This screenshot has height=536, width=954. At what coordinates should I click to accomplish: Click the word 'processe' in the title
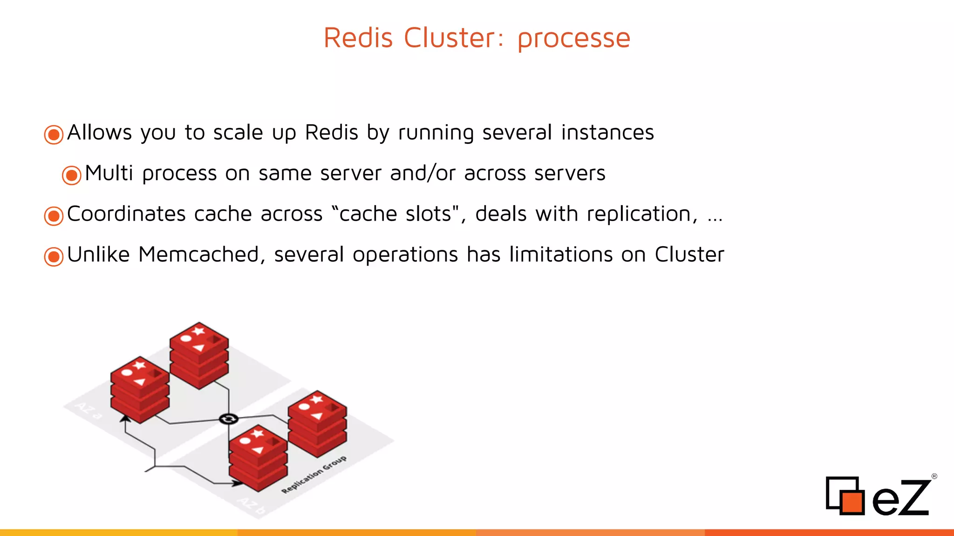[574, 38]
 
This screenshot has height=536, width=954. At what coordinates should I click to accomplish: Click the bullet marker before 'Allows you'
[54, 134]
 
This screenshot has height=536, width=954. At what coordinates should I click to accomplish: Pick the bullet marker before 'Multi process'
[72, 175]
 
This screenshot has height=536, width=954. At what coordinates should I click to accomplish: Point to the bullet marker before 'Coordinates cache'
[54, 216]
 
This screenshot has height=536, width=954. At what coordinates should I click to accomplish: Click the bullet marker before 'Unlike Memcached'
[54, 256]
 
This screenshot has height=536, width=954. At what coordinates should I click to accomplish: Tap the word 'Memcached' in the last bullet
[198, 255]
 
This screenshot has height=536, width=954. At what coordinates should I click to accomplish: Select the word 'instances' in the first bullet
[607, 133]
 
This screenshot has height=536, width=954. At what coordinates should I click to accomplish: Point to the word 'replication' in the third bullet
[641, 214]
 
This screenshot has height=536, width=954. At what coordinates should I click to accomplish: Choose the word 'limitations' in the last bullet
[560, 255]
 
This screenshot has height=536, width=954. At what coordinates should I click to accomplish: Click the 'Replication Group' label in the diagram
[314, 474]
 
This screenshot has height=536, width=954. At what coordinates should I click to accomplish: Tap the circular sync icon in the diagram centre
[229, 419]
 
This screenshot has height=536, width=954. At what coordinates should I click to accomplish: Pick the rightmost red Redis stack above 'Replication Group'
[317, 423]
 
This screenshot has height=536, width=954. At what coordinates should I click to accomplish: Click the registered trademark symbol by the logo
[934, 476]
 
